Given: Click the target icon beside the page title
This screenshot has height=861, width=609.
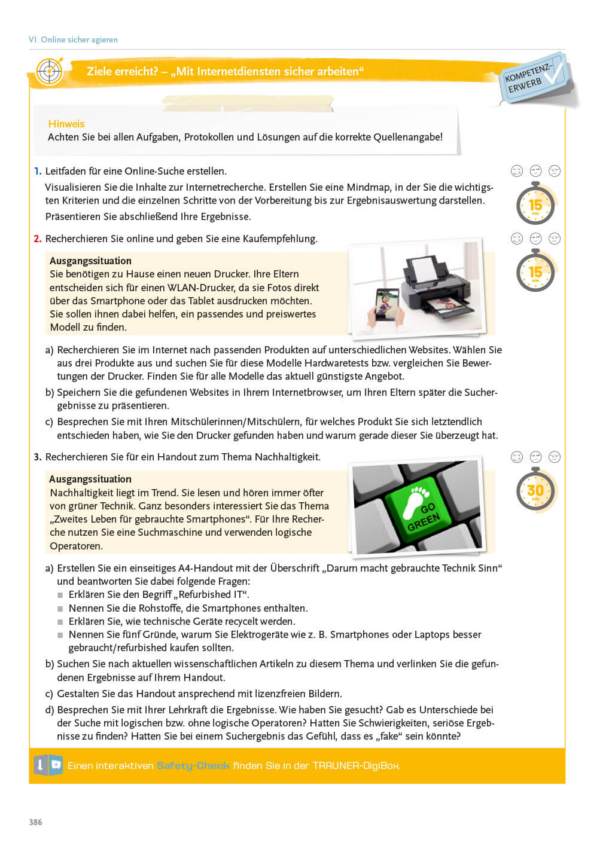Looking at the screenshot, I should point(49,72).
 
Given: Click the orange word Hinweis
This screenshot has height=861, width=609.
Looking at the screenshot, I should point(66,124).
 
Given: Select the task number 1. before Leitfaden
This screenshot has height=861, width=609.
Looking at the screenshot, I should point(38,171).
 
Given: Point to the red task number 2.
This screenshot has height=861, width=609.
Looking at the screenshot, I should point(38,239).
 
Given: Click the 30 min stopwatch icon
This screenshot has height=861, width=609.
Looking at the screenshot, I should point(535,490).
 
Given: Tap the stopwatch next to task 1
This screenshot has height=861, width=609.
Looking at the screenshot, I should point(535,204).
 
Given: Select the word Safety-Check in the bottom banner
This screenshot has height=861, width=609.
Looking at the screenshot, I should point(193,765).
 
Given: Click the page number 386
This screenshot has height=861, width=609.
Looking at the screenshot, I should point(36,822).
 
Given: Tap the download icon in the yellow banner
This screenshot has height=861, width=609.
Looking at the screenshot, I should point(40,765).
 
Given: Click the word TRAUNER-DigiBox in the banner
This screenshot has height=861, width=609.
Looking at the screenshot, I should point(356,765).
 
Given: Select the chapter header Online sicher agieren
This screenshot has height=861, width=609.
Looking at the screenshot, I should point(79,39).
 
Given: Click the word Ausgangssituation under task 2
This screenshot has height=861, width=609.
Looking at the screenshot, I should point(90,261).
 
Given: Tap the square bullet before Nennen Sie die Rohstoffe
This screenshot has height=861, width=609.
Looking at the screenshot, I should point(60,609).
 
